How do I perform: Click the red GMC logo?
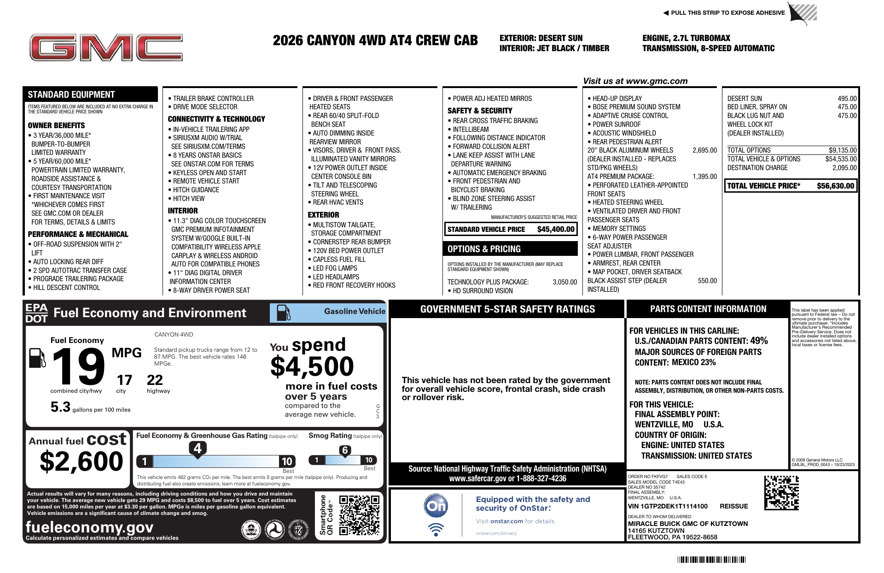click(106, 48)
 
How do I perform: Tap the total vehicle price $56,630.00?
click(835, 186)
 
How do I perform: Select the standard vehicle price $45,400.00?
click(556, 229)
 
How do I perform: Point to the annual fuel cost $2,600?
click(81, 461)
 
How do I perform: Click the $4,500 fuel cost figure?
click(312, 367)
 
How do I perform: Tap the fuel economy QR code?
click(359, 515)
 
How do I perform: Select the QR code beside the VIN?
click(781, 493)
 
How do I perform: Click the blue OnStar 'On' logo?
click(436, 506)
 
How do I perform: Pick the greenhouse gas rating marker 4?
click(198, 448)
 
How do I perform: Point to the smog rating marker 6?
click(345, 450)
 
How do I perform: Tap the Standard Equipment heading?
click(71, 95)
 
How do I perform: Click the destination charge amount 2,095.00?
click(844, 168)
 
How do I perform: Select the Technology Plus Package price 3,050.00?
click(564, 282)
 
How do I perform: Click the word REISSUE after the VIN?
click(734, 506)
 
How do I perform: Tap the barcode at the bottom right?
click(711, 560)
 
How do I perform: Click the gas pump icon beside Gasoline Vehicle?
click(283, 313)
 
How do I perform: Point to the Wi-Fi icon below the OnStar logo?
click(436, 530)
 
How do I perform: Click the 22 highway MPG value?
click(155, 380)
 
